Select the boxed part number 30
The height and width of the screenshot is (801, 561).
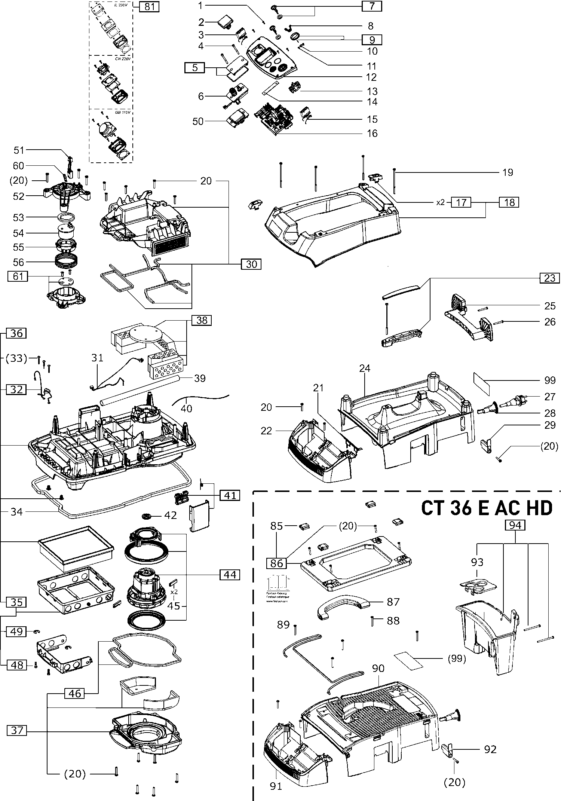click(x=251, y=264)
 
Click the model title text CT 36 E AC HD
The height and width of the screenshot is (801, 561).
click(x=486, y=508)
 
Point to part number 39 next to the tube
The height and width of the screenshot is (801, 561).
click(x=200, y=378)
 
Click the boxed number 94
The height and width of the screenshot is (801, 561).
click(x=515, y=525)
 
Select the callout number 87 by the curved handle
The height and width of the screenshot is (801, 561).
click(x=393, y=602)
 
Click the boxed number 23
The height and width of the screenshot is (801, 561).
click(x=549, y=278)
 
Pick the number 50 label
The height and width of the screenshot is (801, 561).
click(x=198, y=121)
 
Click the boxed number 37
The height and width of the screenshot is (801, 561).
click(x=17, y=730)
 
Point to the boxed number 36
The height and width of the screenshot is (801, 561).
click(x=16, y=333)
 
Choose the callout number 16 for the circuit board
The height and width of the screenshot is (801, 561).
click(x=372, y=133)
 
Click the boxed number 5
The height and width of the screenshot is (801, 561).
click(x=195, y=68)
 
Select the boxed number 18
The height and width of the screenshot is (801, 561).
click(x=509, y=202)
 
